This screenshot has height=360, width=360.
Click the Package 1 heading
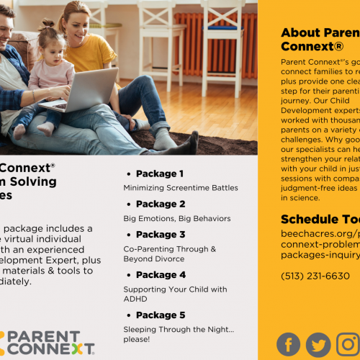point(160,174)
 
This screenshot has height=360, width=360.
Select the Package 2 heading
point(160,204)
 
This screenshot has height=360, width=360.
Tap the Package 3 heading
point(160,234)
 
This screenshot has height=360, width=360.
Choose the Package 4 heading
point(160,274)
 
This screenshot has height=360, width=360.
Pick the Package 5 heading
point(160,315)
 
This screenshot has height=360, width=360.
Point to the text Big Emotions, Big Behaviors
point(177,218)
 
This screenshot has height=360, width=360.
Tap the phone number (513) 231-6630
point(315,276)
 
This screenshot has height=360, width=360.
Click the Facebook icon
point(289,344)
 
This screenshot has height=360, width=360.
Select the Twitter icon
point(318,344)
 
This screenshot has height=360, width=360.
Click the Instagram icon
point(348,344)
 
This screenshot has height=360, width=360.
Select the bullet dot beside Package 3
point(128,235)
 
